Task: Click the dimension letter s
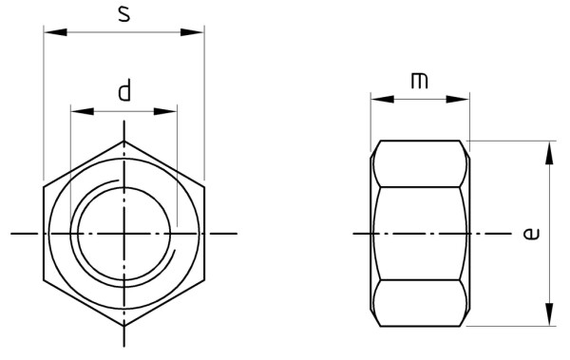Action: coord(124,14)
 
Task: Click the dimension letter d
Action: coord(123,92)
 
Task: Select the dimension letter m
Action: coord(419,81)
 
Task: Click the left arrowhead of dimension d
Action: coord(78,111)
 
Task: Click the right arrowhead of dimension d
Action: coord(170,111)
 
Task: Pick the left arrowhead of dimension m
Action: coord(377,99)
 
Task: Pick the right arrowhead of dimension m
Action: coord(462,99)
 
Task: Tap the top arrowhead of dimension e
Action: coord(548,150)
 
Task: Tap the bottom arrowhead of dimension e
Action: coord(548,318)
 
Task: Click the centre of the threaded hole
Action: coord(123,233)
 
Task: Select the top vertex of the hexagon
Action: coord(123,141)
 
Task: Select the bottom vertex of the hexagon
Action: coord(123,326)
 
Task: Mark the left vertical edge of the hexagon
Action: coord(44,233)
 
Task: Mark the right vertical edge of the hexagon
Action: coord(203,233)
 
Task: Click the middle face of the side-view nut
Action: coord(420,233)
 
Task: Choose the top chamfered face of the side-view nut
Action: coord(420,162)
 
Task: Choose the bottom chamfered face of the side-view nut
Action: coord(420,303)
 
